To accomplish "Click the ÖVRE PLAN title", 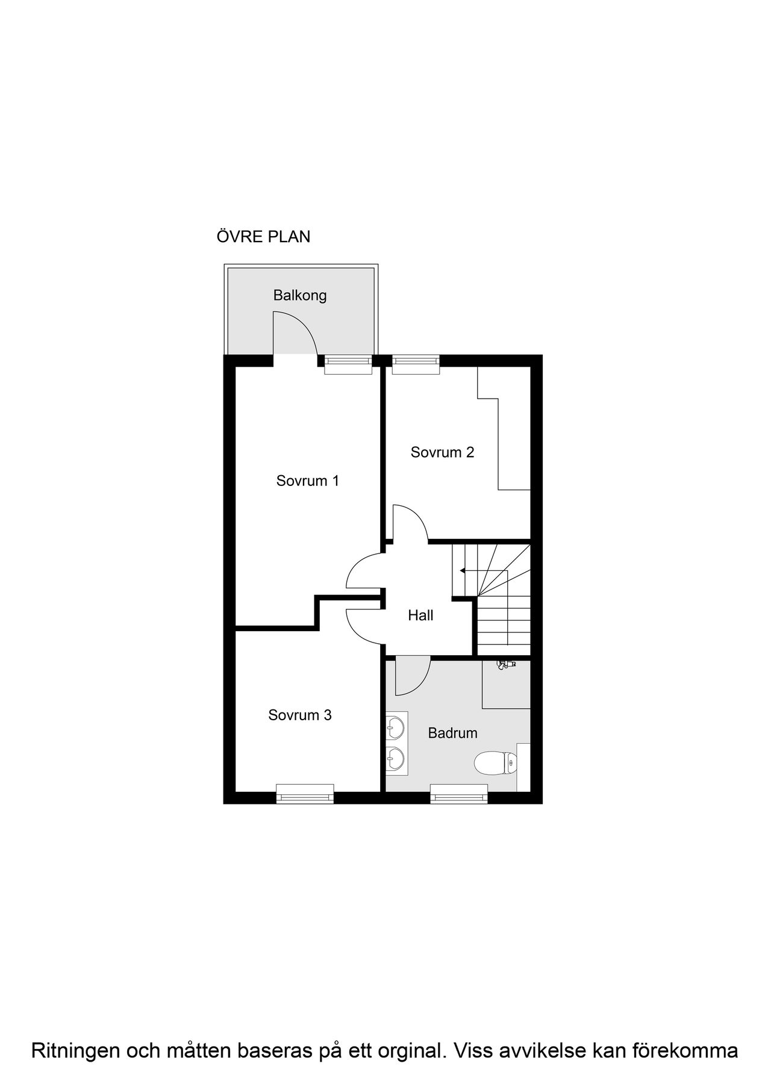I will click(x=263, y=237).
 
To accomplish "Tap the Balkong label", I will click(x=300, y=296).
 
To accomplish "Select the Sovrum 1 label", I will click(x=307, y=481).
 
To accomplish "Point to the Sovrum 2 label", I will click(x=442, y=452).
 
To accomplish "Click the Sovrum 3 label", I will click(x=300, y=715).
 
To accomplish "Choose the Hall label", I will click(x=420, y=615).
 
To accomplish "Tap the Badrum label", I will click(x=452, y=733).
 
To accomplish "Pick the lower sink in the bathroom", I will click(x=395, y=758).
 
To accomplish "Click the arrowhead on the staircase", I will click(x=462, y=570).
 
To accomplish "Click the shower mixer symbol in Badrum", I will click(x=505, y=664).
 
